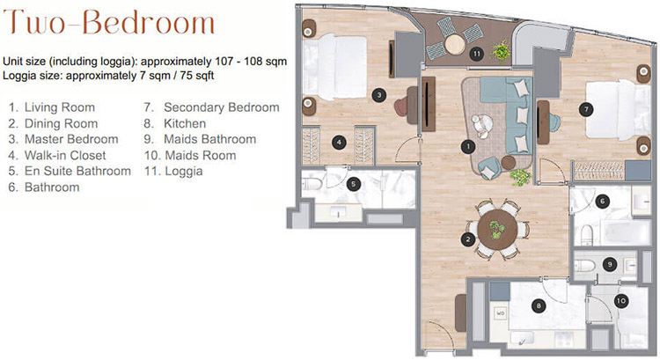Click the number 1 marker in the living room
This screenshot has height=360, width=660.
coord(467,147)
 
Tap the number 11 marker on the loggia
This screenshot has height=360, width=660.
coord(476,54)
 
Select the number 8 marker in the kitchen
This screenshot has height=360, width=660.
coord(539,306)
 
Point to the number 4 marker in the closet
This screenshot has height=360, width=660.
coord(339,143)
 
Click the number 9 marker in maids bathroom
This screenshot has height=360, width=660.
coord(610,264)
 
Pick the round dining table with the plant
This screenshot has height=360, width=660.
coord(497,230)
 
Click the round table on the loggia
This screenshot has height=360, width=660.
coord(455,44)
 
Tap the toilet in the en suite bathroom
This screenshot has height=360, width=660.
coord(312,184)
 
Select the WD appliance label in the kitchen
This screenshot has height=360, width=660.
coord(501,313)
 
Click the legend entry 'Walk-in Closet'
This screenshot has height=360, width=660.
coord(65,156)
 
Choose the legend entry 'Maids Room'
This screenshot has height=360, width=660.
coord(201,156)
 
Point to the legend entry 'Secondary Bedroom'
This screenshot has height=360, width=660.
coord(222,107)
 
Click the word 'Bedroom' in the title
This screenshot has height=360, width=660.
coord(148,22)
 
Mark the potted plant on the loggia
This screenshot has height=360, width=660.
coord(501,51)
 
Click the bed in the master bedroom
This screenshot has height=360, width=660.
coord(335,68)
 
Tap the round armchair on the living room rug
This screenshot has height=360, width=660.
coord(481,125)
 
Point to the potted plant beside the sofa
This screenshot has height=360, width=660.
coord(521,177)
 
